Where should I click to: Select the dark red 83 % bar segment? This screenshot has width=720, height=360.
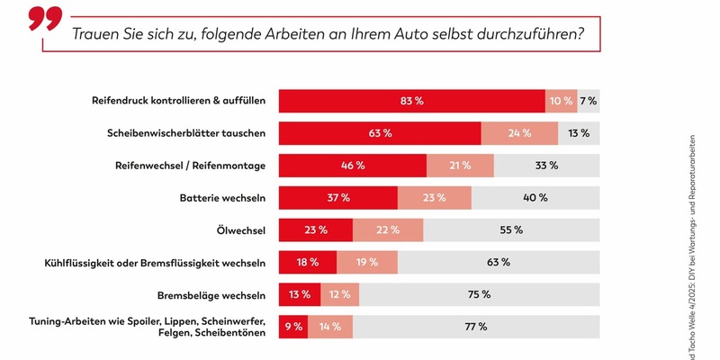pos(411,101)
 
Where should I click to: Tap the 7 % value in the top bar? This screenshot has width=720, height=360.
pos(589,101)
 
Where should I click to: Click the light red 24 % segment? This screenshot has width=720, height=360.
pos(519,133)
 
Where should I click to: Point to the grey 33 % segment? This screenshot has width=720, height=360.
pos(546,166)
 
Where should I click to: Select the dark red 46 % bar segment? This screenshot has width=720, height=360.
pos(352,166)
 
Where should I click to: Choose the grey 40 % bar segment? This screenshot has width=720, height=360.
pos(535,198)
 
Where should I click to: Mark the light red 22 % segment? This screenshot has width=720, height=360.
pos(388,230)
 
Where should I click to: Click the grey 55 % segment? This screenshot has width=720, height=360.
pos(512,230)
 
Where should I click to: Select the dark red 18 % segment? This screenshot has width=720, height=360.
pos(307,263)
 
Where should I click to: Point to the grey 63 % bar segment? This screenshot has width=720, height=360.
pos(499,263)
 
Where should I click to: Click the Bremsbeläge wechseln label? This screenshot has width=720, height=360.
pos(211,294)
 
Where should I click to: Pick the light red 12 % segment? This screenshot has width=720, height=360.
pos(339,294)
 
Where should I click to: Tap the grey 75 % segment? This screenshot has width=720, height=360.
pos(479,294)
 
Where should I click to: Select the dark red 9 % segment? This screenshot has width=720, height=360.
pos(293,327)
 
